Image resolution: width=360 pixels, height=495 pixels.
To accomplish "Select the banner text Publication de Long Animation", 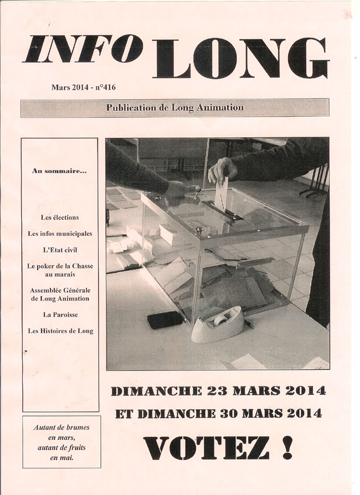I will point(174,107).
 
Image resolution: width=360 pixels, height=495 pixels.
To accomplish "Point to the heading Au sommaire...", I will point(60,171).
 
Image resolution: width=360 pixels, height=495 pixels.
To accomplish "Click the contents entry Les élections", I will point(60,218).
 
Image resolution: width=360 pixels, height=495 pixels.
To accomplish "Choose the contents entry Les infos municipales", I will point(60,234).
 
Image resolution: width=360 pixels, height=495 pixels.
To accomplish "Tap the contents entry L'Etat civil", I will point(60,250).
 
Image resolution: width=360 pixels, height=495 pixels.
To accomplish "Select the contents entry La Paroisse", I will point(60,314).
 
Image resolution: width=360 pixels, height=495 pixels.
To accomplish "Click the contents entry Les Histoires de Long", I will point(60,331).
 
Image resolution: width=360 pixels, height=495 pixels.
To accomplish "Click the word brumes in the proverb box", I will point(76,427).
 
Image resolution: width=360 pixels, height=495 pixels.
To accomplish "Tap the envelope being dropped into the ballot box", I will point(222,194).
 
